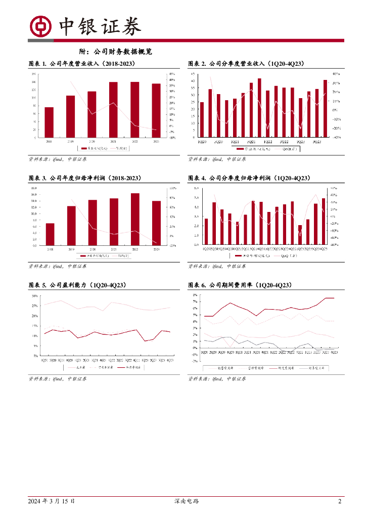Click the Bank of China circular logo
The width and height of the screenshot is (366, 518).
click(x=40, y=26)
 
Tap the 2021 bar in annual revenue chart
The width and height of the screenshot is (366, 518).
click(x=113, y=109)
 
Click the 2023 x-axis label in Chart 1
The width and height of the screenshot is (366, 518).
click(x=156, y=141)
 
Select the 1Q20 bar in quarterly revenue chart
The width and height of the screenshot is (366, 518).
click(x=202, y=120)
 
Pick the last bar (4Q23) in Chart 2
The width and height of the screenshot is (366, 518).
click(x=325, y=108)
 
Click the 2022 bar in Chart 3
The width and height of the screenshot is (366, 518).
click(x=135, y=219)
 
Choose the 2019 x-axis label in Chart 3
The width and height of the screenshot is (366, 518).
click(x=71, y=249)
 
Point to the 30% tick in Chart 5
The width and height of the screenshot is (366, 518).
click(x=35, y=296)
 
